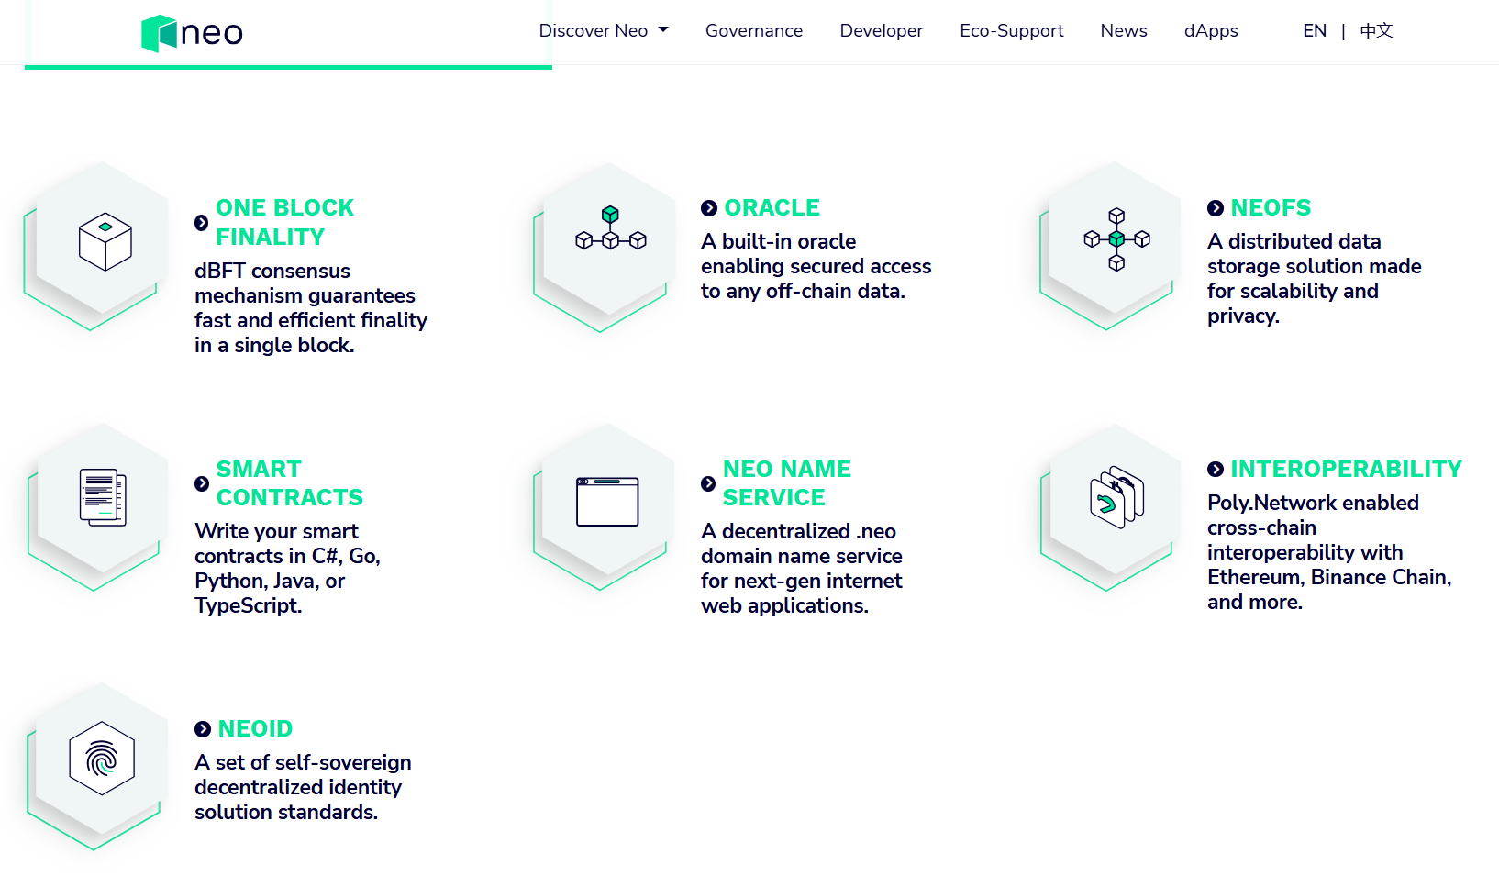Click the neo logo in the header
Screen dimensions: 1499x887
point(192,33)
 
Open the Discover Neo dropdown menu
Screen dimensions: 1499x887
point(603,31)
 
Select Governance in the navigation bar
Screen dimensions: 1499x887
point(753,31)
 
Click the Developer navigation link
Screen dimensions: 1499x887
point(881,31)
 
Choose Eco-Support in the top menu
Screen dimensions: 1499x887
point(1011,31)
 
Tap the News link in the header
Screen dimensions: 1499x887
point(1124,31)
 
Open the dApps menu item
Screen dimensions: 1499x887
point(1211,31)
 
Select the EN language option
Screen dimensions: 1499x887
point(1315,31)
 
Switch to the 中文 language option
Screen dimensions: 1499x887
point(1377,31)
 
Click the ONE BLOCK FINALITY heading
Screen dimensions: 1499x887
point(284,222)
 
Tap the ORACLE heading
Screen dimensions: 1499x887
point(772,208)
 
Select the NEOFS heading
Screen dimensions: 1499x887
point(1271,208)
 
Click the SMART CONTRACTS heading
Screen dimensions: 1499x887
point(289,483)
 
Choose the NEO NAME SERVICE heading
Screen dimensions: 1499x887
point(786,483)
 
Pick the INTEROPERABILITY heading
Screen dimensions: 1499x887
point(1346,469)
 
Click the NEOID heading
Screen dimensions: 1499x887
point(255,728)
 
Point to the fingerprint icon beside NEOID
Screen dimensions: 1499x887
point(102,758)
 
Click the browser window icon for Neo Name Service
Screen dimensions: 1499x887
point(607,501)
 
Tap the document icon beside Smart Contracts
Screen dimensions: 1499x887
point(103,497)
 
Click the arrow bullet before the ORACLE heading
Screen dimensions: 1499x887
point(709,208)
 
